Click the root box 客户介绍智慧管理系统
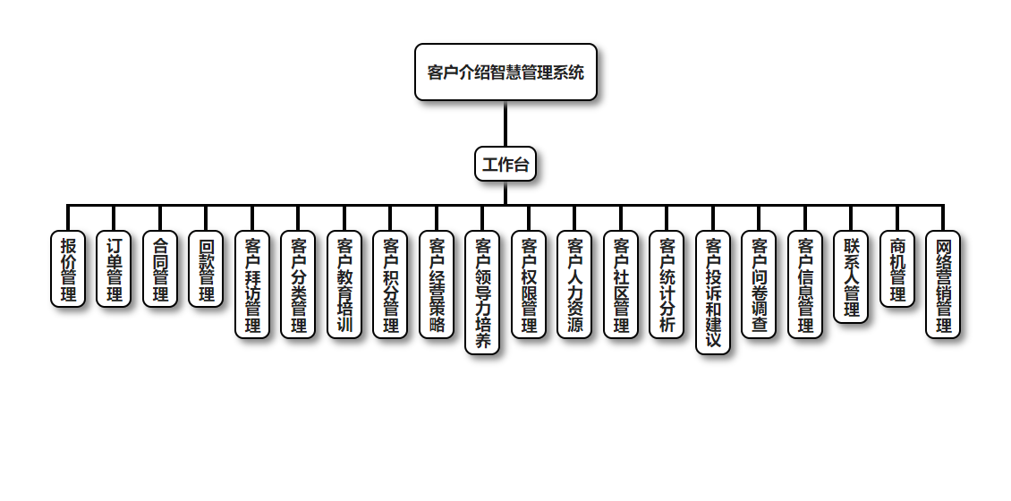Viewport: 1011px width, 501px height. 505,72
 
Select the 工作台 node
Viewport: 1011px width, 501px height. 505,164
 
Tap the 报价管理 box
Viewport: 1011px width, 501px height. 68,269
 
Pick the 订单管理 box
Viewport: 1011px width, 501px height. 115,269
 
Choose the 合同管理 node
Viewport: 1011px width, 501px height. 160,269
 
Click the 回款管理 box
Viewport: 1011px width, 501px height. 207,269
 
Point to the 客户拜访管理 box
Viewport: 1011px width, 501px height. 252,284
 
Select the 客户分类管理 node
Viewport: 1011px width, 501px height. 298,284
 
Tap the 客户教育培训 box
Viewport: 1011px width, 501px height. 344,284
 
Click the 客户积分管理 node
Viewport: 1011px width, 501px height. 390,284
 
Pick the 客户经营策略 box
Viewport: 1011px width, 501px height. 437,284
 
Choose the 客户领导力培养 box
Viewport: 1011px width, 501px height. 482,293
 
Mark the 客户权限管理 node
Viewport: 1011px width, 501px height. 529,284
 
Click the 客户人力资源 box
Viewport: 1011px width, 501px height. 574,284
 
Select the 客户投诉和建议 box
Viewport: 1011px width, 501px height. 713,293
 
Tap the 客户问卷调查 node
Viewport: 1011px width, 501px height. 759,284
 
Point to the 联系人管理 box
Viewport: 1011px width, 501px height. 851,276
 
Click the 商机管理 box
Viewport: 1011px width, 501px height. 897,269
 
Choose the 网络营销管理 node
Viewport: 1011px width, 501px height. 943,284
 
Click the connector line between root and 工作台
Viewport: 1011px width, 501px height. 505,123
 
